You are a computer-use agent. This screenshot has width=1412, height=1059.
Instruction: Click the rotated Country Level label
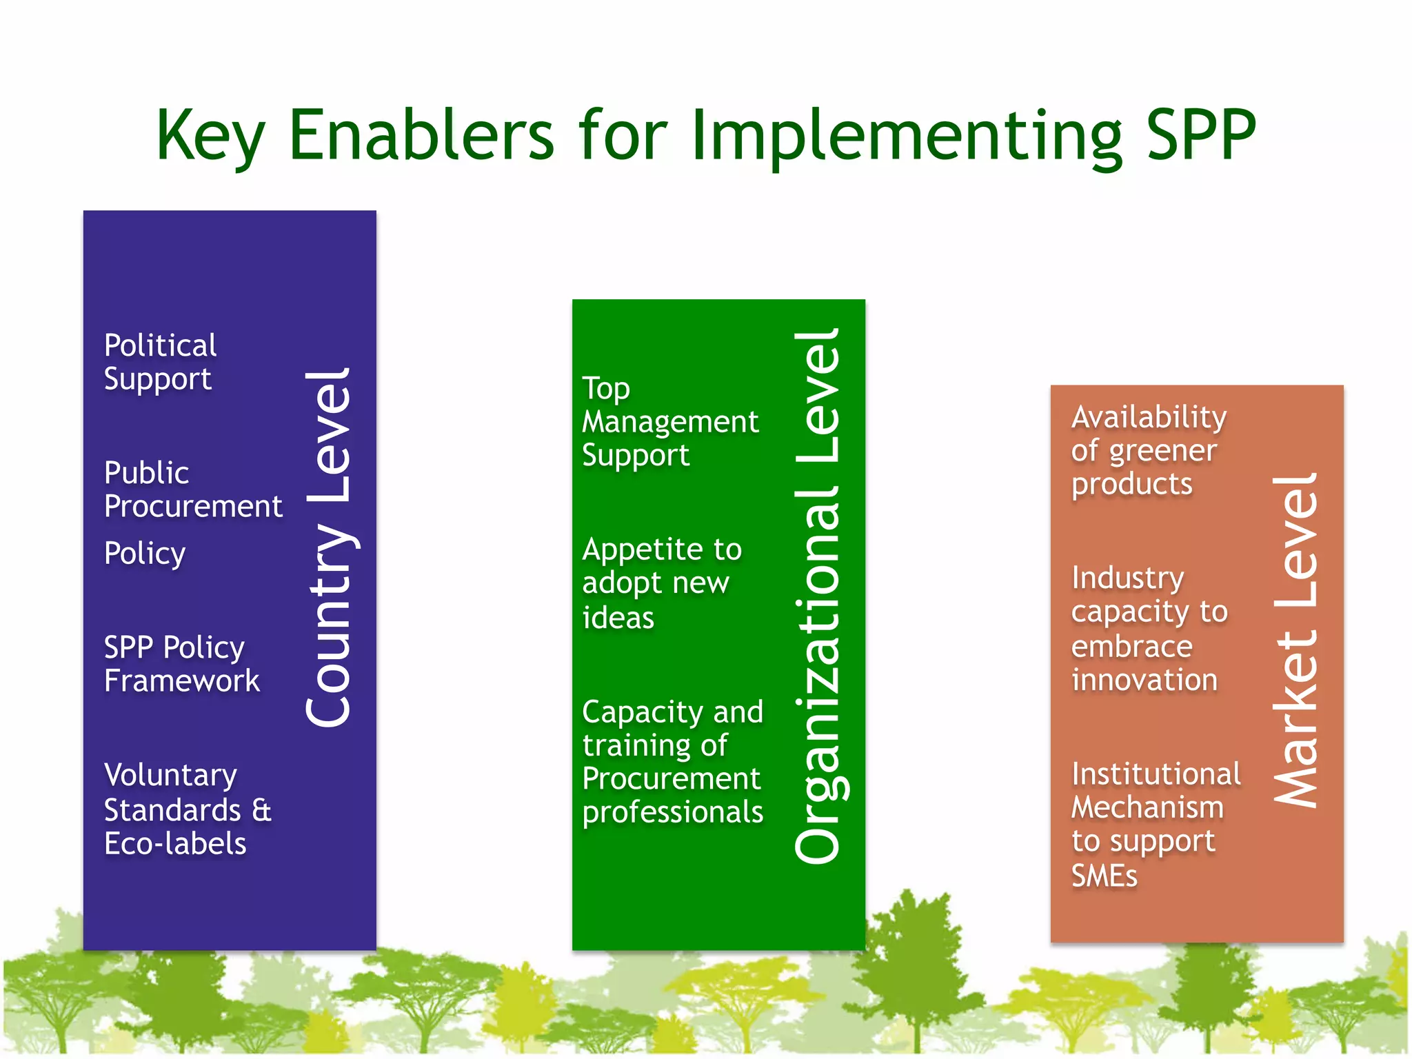coord(330,548)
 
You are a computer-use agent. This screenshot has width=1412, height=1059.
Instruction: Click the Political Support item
coord(160,362)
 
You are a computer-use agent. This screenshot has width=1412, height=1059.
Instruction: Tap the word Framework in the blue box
coord(182,681)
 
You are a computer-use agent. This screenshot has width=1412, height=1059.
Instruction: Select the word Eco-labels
coord(175,844)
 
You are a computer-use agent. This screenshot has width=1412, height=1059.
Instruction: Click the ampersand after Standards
coord(261,810)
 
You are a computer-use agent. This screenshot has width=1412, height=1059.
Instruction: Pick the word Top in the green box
coord(606,389)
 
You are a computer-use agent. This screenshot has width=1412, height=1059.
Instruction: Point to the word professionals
coord(672,812)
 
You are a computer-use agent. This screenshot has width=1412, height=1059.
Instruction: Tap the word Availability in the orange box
coord(1149,417)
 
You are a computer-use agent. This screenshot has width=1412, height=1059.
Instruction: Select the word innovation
coord(1144,680)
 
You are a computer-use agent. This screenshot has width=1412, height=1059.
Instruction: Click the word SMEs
coord(1104,876)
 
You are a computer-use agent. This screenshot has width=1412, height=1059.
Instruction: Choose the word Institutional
coord(1156,774)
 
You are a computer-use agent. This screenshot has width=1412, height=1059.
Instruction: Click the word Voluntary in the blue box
coord(170,776)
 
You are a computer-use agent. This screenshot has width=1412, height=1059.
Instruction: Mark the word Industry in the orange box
coord(1128,578)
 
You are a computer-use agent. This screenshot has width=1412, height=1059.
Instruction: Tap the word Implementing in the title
coord(907,136)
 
